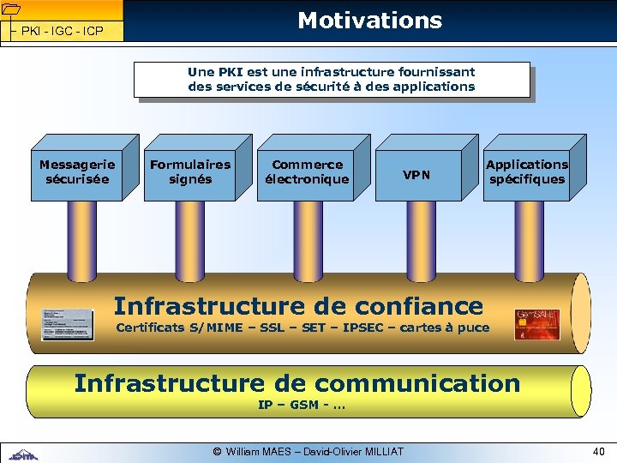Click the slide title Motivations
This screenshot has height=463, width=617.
pos(369,21)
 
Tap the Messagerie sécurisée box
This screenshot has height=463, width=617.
pos(77,171)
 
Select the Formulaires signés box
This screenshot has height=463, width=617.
pos(190,171)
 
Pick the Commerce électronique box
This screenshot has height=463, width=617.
pos(307,171)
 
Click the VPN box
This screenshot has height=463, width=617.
pos(417,175)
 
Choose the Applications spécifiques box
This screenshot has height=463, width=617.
pos(526,171)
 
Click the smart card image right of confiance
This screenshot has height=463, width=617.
pos(536,324)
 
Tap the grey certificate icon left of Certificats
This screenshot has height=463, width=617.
pos(68,323)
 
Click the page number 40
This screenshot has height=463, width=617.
pos(598,451)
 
